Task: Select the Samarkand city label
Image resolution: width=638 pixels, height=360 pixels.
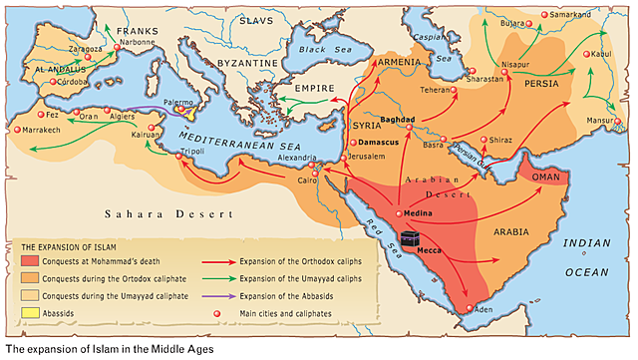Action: [572, 16]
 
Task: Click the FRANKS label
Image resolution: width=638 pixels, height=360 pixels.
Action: [138, 31]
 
